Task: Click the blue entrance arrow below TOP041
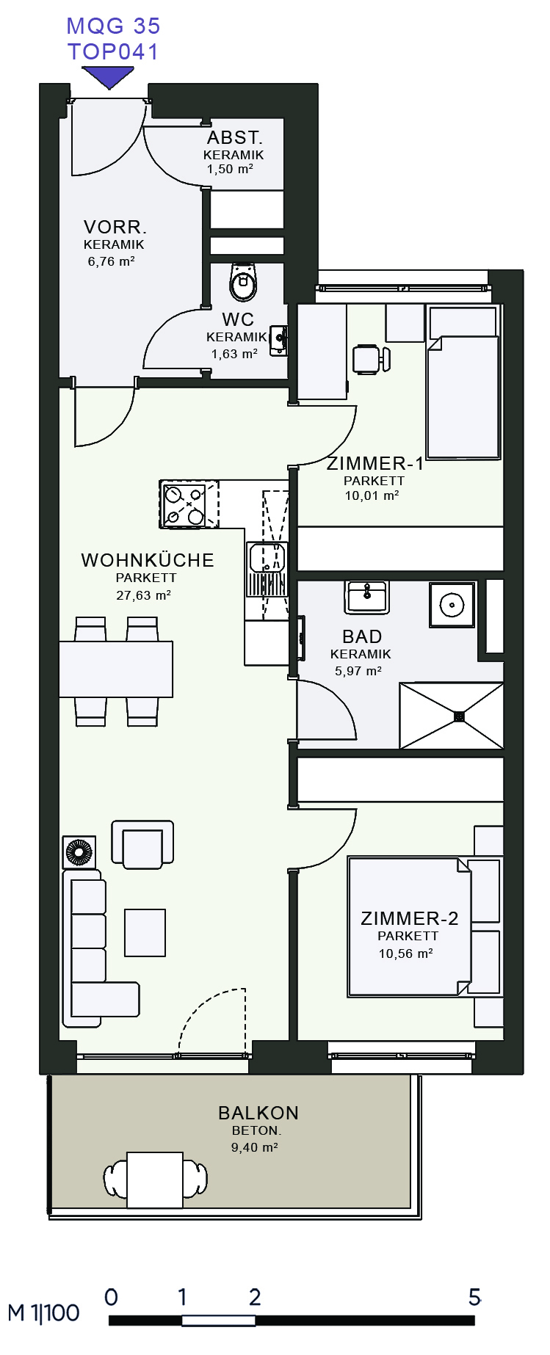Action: point(108,76)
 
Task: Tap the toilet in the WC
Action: point(244,281)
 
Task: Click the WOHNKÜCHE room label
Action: point(148,560)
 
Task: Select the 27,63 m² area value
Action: point(144,595)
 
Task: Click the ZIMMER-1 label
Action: point(375,463)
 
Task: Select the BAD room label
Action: point(362,636)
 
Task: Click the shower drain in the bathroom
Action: point(460,716)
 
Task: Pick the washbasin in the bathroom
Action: point(366,597)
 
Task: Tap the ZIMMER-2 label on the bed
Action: point(410,918)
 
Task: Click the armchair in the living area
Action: point(142,844)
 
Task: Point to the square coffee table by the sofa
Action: point(145,932)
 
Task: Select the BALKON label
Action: point(258,1113)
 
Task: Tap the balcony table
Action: point(155,1180)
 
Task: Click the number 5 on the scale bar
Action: point(474,1297)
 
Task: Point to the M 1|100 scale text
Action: point(43,1313)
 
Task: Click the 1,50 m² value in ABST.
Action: point(230,169)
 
